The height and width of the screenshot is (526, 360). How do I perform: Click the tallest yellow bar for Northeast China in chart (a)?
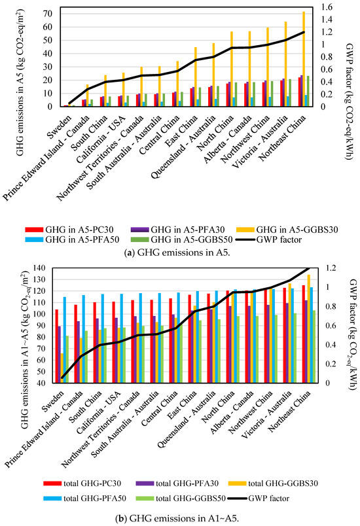(x=303, y=59)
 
